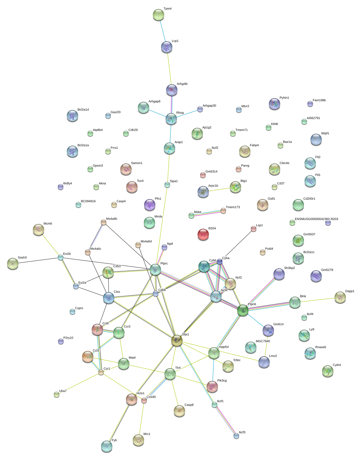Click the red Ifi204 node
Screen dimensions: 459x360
(203, 234)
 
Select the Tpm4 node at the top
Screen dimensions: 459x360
(158, 15)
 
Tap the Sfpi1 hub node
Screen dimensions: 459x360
(177, 341)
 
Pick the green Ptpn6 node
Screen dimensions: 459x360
(243, 310)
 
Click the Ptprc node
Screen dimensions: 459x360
(155, 270)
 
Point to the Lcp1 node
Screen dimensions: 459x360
(166, 47)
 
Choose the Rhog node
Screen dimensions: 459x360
(171, 119)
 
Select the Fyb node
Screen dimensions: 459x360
(106, 446)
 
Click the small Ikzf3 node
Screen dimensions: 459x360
(236, 436)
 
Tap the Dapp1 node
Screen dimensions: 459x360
(340, 297)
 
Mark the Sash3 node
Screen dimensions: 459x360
(12, 264)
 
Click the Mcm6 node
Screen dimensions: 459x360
(38, 230)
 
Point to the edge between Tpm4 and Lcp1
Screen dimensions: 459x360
(162, 31)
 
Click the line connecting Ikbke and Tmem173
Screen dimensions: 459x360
(207, 213)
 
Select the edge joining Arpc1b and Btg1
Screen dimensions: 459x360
(219, 189)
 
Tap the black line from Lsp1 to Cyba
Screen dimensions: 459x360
(237, 245)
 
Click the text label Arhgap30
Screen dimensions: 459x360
(209, 106)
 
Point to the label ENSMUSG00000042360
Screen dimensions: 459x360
(312, 219)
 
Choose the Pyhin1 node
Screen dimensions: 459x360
(274, 104)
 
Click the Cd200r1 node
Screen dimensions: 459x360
(298, 205)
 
